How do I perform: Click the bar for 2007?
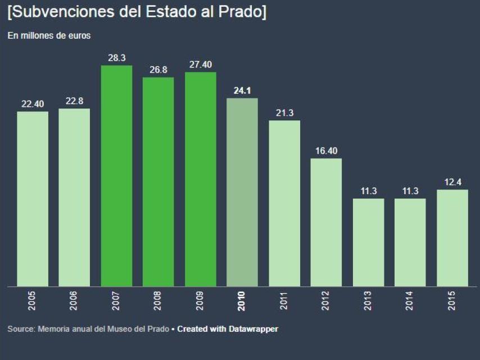116,176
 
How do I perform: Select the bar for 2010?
242,192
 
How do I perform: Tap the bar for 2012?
326,222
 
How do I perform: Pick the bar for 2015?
452,238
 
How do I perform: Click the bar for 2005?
33,199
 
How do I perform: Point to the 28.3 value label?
116,57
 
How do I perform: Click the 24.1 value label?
242,90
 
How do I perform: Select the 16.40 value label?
326,150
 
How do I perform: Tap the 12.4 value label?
452,182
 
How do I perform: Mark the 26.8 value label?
159,70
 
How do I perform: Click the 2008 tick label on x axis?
159,301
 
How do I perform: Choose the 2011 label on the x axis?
284,301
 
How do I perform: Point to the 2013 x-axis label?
369,301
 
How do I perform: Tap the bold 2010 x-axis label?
242,301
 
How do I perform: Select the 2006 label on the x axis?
75,301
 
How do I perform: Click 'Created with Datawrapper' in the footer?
228,328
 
